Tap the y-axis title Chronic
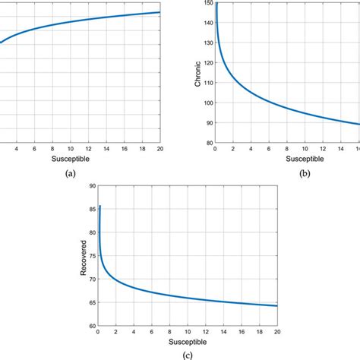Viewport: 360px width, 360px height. [198, 72]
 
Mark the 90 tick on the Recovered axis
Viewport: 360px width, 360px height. [92, 186]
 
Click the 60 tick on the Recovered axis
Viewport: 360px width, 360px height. [92, 326]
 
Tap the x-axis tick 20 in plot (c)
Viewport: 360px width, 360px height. [277, 332]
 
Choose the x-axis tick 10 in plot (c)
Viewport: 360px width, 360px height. [188, 332]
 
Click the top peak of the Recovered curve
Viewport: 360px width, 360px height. [99, 206]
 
